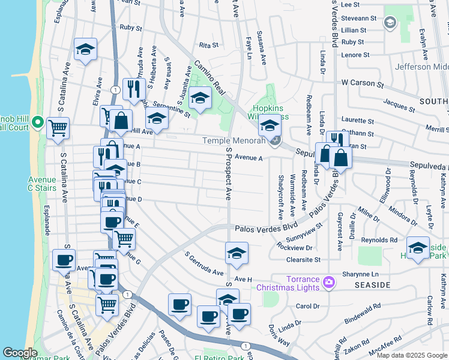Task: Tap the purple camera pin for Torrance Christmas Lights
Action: pyautogui.click(x=328, y=281)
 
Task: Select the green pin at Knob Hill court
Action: pyautogui.click(x=38, y=123)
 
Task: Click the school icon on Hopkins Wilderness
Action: pyautogui.click(x=270, y=127)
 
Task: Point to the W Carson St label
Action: pyautogui.click(x=363, y=83)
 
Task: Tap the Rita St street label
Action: pyautogui.click(x=208, y=45)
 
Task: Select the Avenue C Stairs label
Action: pyautogui.click(x=42, y=184)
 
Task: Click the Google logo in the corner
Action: pyautogui.click(x=20, y=352)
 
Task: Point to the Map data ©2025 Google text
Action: pyautogui.click(x=411, y=355)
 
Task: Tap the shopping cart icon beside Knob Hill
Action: pyautogui.click(x=58, y=127)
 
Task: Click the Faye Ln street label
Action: pyautogui.click(x=247, y=41)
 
